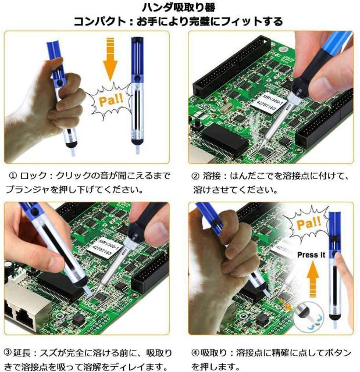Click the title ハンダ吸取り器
179,8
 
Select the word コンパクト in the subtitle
99,22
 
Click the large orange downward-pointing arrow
111,59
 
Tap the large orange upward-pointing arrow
313,280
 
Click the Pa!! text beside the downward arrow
111,100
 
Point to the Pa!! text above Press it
309,223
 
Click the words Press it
311,255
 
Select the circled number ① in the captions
13,176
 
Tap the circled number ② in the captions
195,176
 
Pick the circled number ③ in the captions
8,352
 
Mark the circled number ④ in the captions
195,353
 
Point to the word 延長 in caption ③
22,353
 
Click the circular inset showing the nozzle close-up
308,316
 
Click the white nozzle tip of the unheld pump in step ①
137,149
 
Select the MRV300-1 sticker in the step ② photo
267,102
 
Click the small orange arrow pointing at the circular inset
285,305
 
